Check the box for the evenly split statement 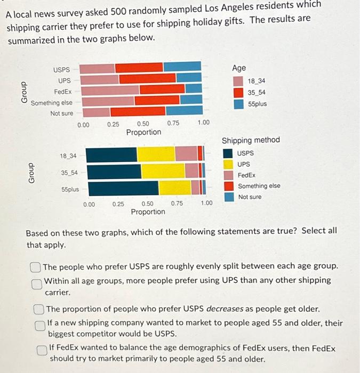tap(36, 266)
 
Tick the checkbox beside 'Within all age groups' tap(36, 284)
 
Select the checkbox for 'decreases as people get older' tap(39, 309)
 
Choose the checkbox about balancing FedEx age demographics tap(42, 350)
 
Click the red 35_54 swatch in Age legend tap(238, 92)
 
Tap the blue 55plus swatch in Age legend tap(238, 103)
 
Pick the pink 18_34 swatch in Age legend tap(238, 81)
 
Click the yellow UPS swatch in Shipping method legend tap(228, 164)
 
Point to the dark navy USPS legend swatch tap(228, 153)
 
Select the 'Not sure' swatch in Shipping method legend tap(228, 197)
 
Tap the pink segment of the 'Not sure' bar tap(95, 112)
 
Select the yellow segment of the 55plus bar tap(175, 188)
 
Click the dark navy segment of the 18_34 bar tap(111, 154)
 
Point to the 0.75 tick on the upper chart tap(173, 124)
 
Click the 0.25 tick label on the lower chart tap(118, 204)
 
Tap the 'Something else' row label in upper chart tap(52, 102)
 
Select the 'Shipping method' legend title tap(251, 140)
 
